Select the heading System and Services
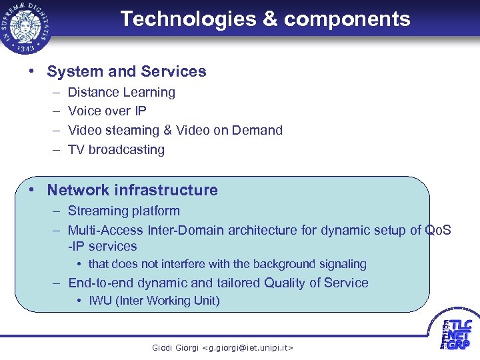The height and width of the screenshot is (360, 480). (x=127, y=71)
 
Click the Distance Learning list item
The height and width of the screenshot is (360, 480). (x=121, y=92)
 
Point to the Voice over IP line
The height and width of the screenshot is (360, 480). (x=107, y=111)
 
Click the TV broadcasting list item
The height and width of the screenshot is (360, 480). (x=116, y=149)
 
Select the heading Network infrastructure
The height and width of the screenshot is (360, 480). (x=132, y=190)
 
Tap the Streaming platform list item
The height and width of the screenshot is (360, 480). (x=123, y=211)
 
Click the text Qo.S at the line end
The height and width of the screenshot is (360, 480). (x=438, y=230)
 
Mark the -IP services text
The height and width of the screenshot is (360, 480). (x=97, y=246)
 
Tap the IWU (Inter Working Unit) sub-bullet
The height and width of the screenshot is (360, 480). (x=154, y=301)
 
